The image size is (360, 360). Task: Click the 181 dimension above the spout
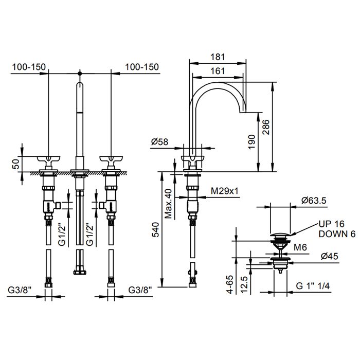(x=218, y=57)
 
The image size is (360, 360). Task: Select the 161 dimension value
(x=218, y=71)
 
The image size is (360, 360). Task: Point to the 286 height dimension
(x=266, y=127)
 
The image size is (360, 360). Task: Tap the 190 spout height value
(x=252, y=141)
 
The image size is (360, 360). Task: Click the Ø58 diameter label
(x=159, y=141)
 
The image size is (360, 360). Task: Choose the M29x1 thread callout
(x=225, y=191)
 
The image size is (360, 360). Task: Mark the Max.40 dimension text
(x=168, y=204)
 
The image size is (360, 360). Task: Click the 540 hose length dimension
(x=155, y=229)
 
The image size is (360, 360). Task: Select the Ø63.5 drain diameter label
(x=314, y=201)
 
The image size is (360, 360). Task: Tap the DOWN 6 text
(x=337, y=234)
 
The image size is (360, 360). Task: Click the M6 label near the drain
(x=300, y=247)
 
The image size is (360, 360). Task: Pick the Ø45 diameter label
(x=330, y=256)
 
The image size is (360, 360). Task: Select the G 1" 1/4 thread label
(x=313, y=286)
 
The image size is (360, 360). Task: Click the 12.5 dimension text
(x=244, y=284)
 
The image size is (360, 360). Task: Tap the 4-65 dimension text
(x=230, y=284)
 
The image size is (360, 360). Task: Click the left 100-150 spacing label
(x=29, y=67)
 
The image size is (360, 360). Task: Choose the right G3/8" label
(x=140, y=290)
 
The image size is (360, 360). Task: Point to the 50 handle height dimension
(x=16, y=164)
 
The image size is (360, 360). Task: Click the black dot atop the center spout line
(x=80, y=74)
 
